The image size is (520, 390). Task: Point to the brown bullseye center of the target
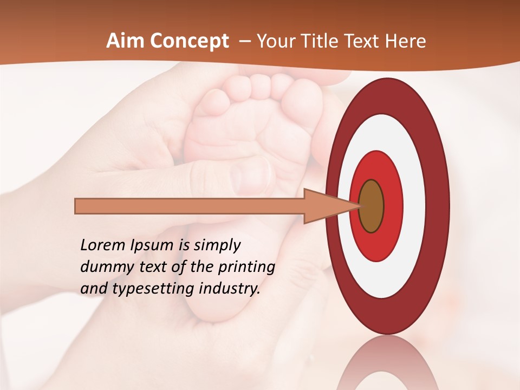(x=371, y=206)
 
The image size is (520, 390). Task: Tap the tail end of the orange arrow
(x=76, y=206)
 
